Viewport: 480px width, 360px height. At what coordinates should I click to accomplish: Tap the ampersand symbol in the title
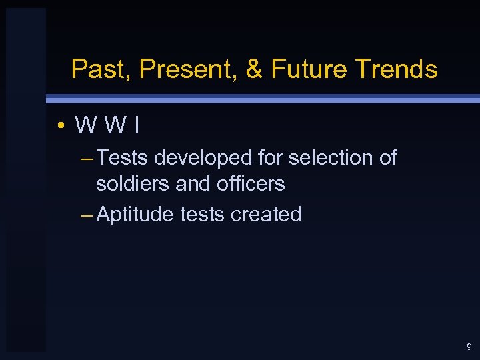coord(254,69)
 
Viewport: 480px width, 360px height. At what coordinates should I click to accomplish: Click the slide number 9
coord(469,347)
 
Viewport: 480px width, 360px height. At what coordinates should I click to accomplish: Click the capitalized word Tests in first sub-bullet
coord(123,158)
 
